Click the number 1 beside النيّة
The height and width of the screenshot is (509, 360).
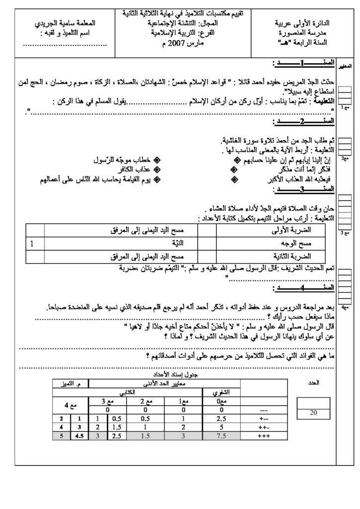[33, 244]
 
